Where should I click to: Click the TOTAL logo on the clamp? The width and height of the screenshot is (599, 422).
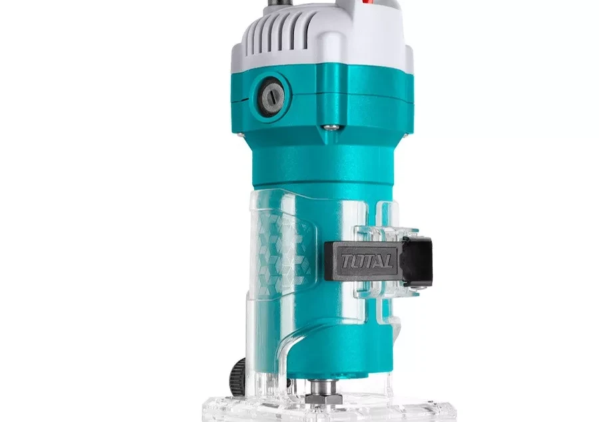click(x=366, y=261)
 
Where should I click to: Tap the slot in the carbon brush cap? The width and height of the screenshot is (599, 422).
click(x=271, y=97)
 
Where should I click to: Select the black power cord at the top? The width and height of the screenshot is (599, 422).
click(x=283, y=3)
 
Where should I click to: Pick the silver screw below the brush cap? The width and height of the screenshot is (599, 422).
click(x=329, y=127)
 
